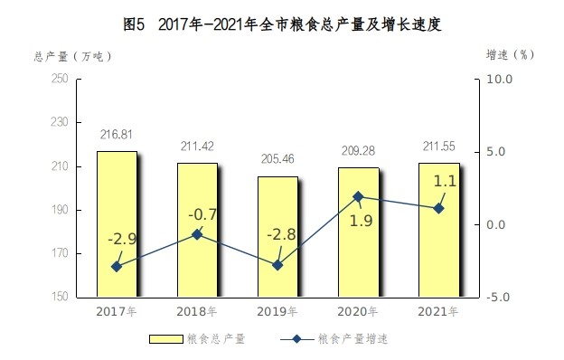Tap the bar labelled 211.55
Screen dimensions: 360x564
coord(438,230)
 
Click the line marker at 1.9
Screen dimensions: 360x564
coord(358,196)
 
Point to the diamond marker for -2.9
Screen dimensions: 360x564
coord(117,266)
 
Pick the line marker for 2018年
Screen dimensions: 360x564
coord(197,234)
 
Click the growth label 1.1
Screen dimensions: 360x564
coord(445,182)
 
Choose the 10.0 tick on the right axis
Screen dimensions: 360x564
coord(500,80)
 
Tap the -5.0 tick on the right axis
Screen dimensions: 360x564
coord(500,297)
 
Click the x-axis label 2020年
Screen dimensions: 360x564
coord(358,312)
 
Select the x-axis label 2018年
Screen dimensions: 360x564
coord(197,312)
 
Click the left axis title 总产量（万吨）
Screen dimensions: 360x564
coord(73,56)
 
